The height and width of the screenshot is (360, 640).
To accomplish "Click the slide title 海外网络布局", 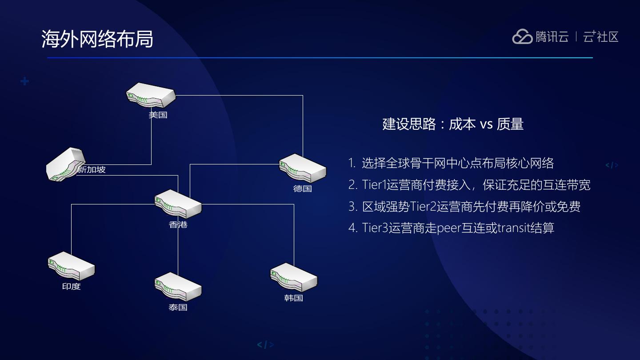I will [x=97, y=39].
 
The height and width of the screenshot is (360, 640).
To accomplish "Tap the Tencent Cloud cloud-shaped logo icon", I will [x=522, y=37].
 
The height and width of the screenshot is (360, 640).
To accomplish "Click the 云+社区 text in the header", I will [x=601, y=37].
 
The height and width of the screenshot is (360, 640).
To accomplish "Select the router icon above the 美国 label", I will [x=151, y=95].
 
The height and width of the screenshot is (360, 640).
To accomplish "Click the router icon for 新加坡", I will [x=65, y=164].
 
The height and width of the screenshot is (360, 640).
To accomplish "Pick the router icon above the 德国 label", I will [x=303, y=168].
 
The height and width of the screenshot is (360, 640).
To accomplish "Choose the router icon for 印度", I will [x=71, y=266].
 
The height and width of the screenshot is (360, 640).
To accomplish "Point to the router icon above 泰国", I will [x=178, y=287].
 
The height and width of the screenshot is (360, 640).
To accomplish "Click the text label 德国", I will [x=303, y=189].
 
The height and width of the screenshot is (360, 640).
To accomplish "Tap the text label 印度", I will [x=71, y=287].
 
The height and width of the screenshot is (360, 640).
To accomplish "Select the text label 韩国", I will [x=294, y=298].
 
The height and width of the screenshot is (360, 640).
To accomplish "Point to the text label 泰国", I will [x=178, y=307].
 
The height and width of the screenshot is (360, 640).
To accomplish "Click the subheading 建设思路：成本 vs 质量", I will [x=453, y=124].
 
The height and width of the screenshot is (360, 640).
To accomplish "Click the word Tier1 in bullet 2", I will [x=374, y=185].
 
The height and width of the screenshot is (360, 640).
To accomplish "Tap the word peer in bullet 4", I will [x=448, y=228].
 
